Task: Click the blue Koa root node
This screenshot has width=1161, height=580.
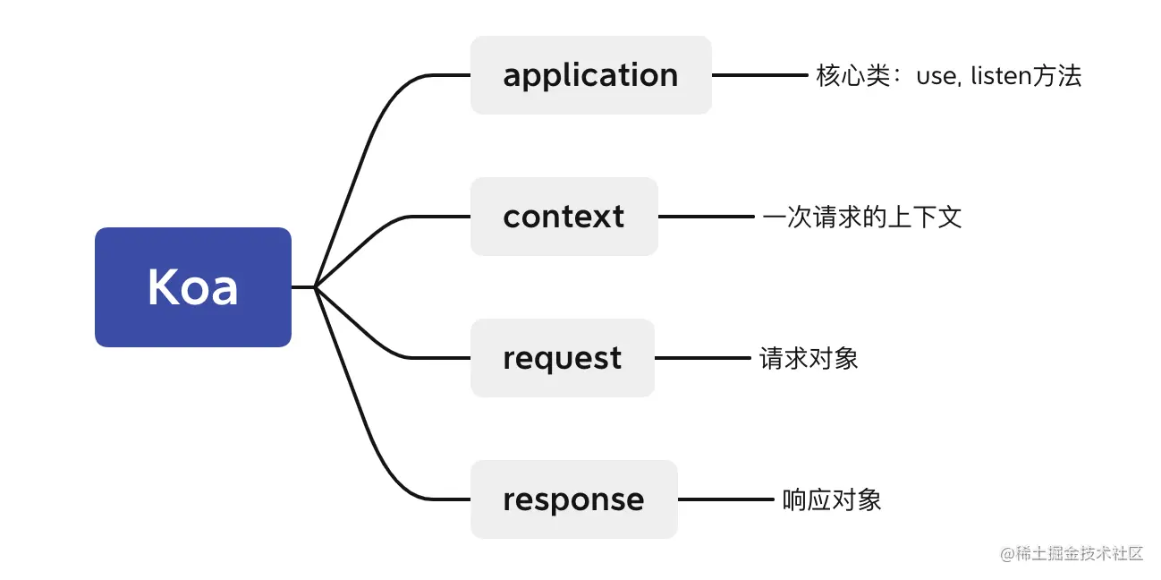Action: tap(193, 287)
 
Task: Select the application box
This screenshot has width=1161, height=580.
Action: tap(590, 75)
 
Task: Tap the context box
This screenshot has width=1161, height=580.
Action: tap(564, 217)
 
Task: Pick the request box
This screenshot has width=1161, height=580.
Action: tap(562, 358)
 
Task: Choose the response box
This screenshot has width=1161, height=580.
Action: tap(573, 499)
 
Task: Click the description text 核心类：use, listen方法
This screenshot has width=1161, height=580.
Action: tap(948, 76)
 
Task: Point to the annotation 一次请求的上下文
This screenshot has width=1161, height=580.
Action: tap(861, 217)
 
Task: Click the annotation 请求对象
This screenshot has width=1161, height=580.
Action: tap(809, 359)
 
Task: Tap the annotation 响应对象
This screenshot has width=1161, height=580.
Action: tap(832, 499)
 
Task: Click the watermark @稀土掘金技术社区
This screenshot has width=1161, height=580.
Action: tap(1072, 553)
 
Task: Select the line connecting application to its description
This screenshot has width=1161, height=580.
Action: tap(758, 75)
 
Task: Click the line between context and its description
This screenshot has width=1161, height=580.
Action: tap(706, 217)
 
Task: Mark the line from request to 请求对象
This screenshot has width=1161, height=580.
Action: tap(702, 358)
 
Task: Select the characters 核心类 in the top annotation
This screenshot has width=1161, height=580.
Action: tap(845, 76)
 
